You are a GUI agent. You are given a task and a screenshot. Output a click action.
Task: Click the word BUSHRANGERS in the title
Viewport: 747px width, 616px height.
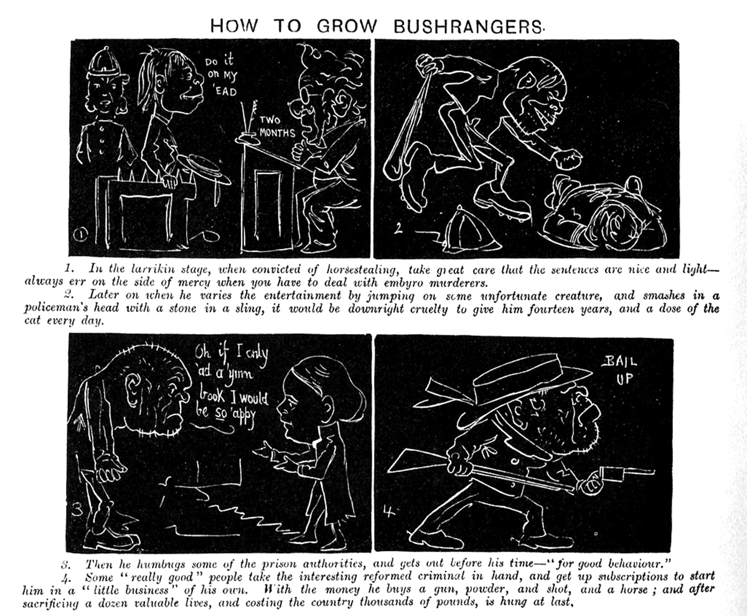pyautogui.click(x=468, y=26)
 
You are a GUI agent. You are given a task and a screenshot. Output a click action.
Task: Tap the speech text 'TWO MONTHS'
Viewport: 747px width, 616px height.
pyautogui.click(x=277, y=127)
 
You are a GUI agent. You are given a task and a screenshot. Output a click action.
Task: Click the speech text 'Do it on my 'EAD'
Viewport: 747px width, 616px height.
pyautogui.click(x=221, y=76)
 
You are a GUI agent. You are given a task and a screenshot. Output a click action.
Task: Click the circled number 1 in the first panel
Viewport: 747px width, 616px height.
pyautogui.click(x=80, y=235)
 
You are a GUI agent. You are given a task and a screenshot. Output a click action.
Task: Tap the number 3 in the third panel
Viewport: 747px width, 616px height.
pyautogui.click(x=77, y=510)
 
